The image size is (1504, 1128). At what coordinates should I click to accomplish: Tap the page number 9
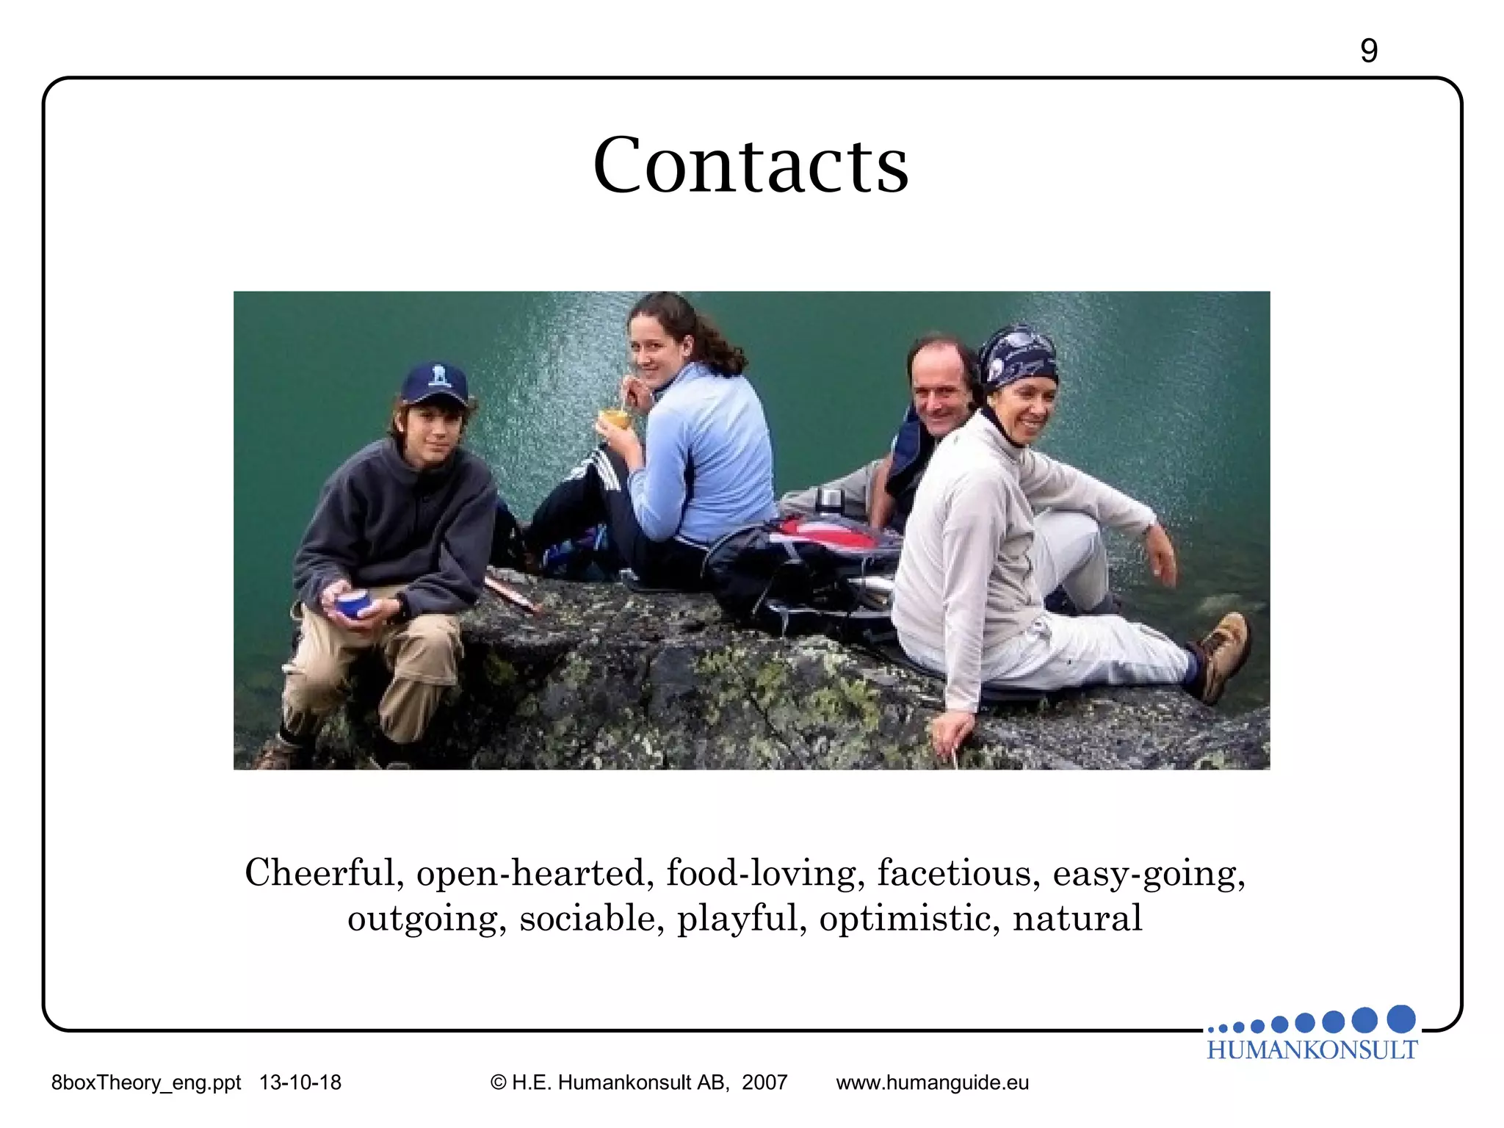click(1368, 51)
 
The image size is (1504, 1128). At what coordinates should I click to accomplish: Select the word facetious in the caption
click(958, 873)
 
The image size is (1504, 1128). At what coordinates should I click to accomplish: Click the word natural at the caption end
click(1077, 919)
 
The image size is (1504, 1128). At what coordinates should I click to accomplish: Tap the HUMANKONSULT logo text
click(1312, 1050)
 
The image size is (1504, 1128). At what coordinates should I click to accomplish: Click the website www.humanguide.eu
click(932, 1082)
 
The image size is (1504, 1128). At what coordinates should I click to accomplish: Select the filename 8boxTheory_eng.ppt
click(146, 1082)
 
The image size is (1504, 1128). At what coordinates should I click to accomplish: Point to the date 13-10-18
click(300, 1082)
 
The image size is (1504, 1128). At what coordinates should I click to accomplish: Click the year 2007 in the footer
click(764, 1082)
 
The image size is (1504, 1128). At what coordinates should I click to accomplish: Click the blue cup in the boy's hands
click(355, 604)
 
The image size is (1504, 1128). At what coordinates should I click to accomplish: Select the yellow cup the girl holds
click(615, 419)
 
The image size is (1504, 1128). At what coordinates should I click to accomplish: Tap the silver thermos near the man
click(828, 501)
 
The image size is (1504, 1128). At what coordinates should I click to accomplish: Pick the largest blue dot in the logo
click(1401, 1019)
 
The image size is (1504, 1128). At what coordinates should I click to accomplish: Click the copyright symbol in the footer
click(499, 1082)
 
